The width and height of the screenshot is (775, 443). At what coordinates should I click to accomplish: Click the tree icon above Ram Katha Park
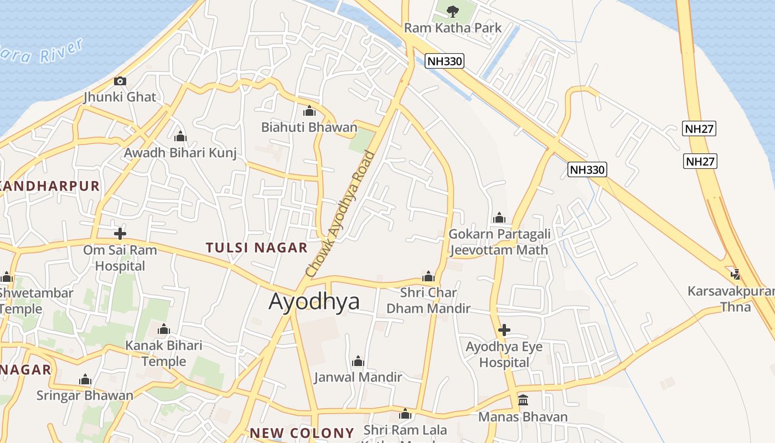pos(453,11)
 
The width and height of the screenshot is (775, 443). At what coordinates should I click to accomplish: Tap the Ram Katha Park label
pos(453,28)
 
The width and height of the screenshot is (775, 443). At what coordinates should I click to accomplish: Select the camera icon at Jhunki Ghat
pos(120,81)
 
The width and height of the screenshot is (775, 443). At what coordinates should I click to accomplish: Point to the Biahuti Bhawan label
pos(309,127)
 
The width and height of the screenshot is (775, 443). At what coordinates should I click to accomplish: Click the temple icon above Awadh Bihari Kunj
pos(180,136)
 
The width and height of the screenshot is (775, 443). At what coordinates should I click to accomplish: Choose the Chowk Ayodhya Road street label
pos(340,215)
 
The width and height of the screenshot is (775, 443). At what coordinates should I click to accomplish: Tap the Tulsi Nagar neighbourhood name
pos(256,248)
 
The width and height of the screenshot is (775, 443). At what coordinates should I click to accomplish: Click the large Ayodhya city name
pos(314,301)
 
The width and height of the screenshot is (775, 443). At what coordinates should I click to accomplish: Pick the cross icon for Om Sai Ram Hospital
pos(120,233)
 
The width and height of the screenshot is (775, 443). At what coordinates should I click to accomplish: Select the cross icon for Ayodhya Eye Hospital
pos(504,331)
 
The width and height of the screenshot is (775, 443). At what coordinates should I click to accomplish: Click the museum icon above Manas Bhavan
pos(523,400)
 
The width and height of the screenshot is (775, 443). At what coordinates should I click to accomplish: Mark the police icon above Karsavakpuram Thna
pos(736,274)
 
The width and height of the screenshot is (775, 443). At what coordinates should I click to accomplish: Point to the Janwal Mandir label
pos(358,377)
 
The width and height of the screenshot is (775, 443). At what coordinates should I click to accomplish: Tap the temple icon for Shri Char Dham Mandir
pos(428,276)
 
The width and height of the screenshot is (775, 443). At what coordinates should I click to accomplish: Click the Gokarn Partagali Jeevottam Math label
pos(499,242)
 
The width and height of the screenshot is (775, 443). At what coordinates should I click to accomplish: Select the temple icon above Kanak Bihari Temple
pos(163,329)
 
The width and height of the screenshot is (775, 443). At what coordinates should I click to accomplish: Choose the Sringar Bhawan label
pos(85,395)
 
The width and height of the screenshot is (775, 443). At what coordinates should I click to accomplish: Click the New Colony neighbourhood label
pos(302,433)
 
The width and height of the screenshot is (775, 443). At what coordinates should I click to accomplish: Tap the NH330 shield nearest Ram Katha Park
pos(445,61)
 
